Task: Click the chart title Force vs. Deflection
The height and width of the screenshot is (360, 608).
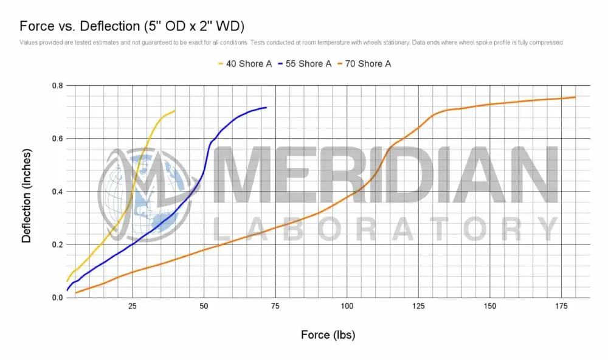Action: pos(133,26)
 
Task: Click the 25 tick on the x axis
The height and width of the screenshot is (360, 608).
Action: pos(132,306)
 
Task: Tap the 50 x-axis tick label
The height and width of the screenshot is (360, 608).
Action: pos(204,306)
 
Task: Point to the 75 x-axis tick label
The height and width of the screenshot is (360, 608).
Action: pos(275,306)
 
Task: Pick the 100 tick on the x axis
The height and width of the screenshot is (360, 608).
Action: pos(347,306)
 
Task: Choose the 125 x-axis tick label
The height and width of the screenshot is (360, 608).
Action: pos(418,306)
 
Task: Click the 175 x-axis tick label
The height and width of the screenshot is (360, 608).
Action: pos(561,306)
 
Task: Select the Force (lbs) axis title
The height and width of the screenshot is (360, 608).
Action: pos(328,335)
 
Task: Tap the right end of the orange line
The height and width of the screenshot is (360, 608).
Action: pos(575,97)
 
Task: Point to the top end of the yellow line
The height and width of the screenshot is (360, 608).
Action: pos(175,111)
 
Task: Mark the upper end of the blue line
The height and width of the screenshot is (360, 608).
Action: pos(266,108)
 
